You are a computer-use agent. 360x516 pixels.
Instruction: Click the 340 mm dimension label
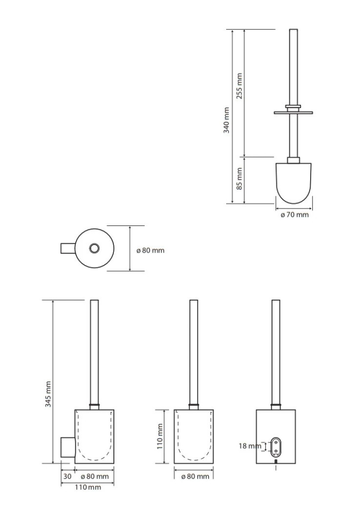pyautogui.click(x=226, y=120)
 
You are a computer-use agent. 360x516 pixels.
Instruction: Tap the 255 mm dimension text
pyautogui.click(x=239, y=86)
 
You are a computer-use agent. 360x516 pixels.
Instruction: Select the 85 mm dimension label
pyautogui.click(x=239, y=179)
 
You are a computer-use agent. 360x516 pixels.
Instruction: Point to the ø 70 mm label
pyautogui.click(x=295, y=215)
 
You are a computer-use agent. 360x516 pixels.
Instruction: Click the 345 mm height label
pyautogui.click(x=48, y=394)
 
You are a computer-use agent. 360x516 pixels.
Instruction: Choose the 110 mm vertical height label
pyautogui.click(x=160, y=436)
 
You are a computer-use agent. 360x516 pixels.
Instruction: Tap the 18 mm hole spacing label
pyautogui.click(x=250, y=446)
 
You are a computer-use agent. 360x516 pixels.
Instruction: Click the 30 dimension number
pyautogui.click(x=67, y=476)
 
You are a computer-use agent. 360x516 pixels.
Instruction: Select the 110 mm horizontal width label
pyautogui.click(x=87, y=487)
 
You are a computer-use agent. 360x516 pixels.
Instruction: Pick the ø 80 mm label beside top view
pyautogui.click(x=150, y=250)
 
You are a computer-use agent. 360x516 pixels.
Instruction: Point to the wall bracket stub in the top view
pyautogui.click(x=68, y=248)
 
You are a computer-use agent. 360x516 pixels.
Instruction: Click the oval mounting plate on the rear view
pyautogui.click(x=275, y=447)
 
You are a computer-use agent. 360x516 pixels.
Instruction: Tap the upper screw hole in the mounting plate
pyautogui.click(x=275, y=443)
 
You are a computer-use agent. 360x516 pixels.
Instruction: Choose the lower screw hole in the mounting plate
pyautogui.click(x=275, y=452)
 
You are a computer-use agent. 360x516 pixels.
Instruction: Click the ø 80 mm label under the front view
pyautogui.click(x=195, y=476)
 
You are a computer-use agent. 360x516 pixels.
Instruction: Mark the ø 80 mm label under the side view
pyautogui.click(x=95, y=476)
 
